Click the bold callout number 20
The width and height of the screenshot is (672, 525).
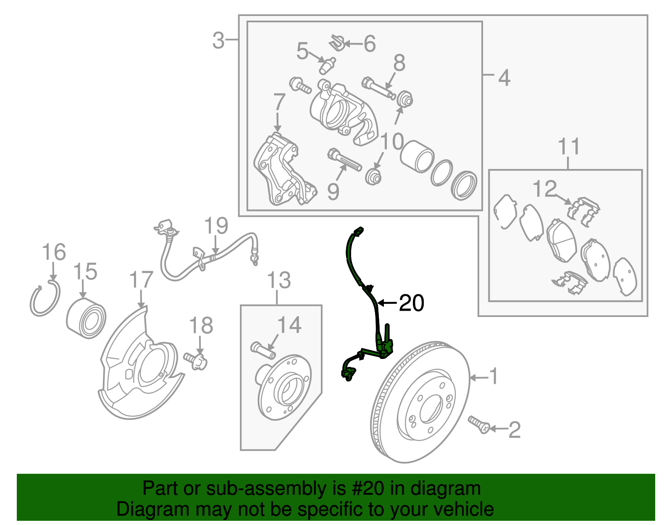tap(411, 303)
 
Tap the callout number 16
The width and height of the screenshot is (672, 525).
tap(54, 252)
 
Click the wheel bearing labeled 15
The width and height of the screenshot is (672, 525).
tap(86, 319)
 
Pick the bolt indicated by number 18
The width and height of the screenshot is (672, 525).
tap(197, 361)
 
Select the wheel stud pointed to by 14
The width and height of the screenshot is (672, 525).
tap(263, 350)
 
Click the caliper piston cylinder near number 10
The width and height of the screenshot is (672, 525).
tap(417, 156)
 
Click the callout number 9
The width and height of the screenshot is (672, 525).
tap(333, 192)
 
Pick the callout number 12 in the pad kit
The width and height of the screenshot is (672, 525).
tap(544, 189)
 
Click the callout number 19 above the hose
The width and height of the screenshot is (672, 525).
tap(216, 226)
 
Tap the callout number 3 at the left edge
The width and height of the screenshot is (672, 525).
tap(218, 41)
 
